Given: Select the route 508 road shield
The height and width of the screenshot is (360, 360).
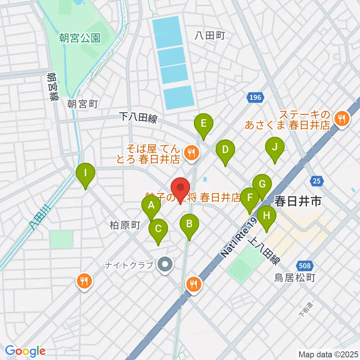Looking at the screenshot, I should (304, 266).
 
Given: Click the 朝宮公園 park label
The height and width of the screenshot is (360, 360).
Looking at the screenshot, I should (80, 37).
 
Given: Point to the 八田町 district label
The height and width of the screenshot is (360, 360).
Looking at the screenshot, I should (210, 36).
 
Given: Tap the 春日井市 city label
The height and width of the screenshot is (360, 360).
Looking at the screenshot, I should (298, 202).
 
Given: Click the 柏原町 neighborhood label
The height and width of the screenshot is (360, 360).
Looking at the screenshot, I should (125, 225).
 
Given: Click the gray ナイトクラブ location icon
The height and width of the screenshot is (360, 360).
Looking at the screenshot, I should (164, 265).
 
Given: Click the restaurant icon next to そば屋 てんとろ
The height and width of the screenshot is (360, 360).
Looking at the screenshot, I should (192, 152).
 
